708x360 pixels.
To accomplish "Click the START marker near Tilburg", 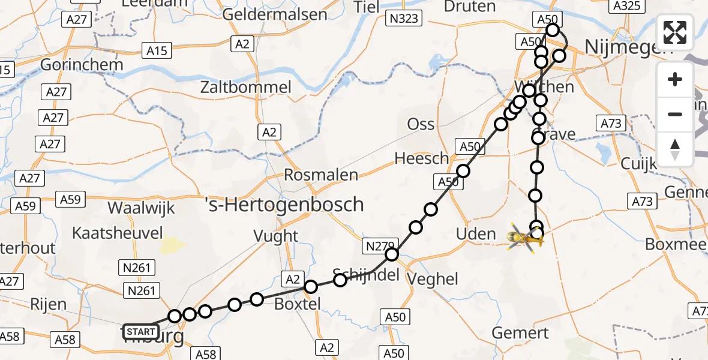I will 141,331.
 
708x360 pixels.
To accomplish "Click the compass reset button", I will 675,149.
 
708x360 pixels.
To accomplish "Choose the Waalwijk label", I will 141,208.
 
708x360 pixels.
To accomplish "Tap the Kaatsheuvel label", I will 117,232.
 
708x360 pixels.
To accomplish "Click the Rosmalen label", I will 320,175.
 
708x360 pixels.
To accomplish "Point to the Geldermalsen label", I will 275,14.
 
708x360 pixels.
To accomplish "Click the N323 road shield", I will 404,19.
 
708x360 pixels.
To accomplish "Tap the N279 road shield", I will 379,245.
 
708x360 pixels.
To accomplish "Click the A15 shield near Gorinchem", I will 157,50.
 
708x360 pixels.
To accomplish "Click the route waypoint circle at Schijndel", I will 340,280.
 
